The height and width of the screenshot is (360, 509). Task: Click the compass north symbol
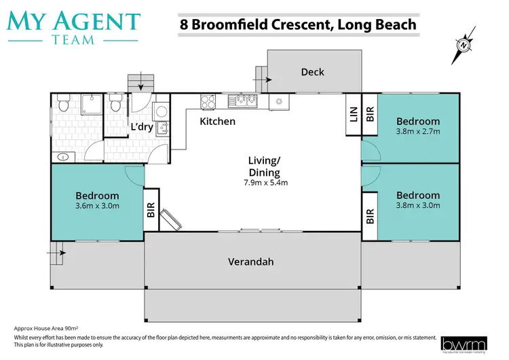(464, 46)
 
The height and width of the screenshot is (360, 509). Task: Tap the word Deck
(312, 71)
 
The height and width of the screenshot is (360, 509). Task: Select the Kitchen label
(217, 122)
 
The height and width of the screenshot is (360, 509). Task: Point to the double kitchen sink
(242, 101)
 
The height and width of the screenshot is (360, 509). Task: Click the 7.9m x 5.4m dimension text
(265, 183)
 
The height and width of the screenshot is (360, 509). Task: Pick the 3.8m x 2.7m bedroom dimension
(418, 132)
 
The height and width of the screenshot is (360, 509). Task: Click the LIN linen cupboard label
(353, 113)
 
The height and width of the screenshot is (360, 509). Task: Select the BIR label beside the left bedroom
(151, 211)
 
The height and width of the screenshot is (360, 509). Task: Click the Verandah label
(252, 262)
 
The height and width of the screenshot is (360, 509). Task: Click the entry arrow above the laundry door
(141, 86)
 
